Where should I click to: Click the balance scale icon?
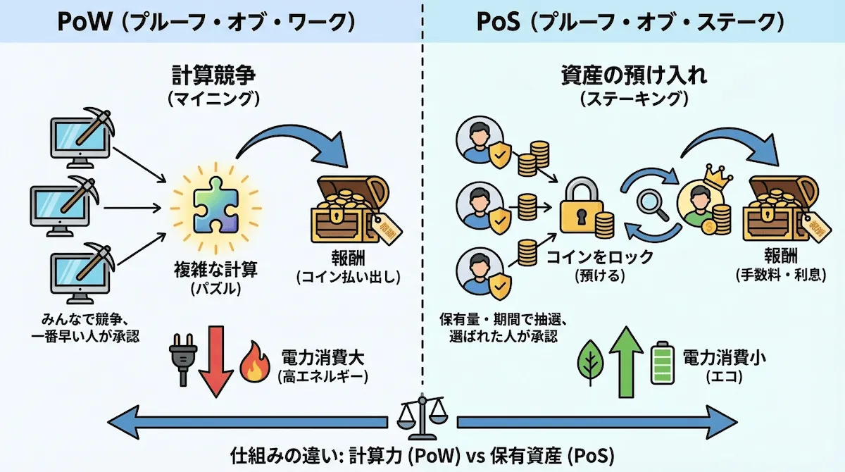click(x=423, y=420)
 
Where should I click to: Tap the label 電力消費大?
click(x=323, y=356)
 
